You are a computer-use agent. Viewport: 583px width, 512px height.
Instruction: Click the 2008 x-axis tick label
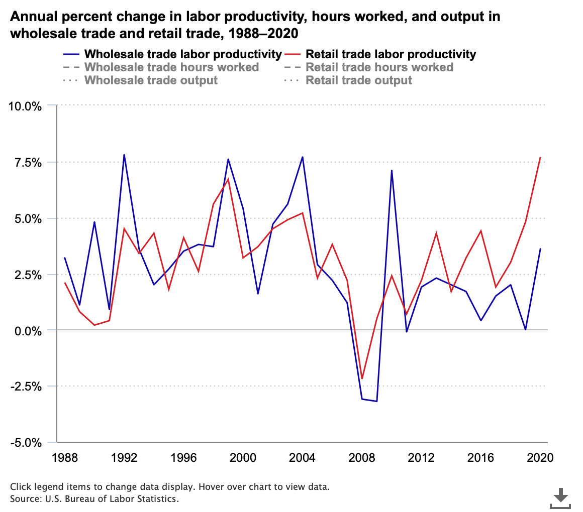(x=362, y=458)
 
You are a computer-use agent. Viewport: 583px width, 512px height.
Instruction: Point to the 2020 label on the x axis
(x=540, y=458)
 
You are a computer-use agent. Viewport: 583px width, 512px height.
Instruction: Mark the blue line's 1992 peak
(x=124, y=155)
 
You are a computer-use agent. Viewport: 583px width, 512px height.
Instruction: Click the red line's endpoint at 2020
(x=540, y=158)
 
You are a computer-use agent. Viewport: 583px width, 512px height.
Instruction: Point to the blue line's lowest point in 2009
(x=376, y=401)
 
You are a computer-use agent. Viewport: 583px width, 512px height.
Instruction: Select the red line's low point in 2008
(x=362, y=378)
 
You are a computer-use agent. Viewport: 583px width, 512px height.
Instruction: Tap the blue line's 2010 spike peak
(x=392, y=171)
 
